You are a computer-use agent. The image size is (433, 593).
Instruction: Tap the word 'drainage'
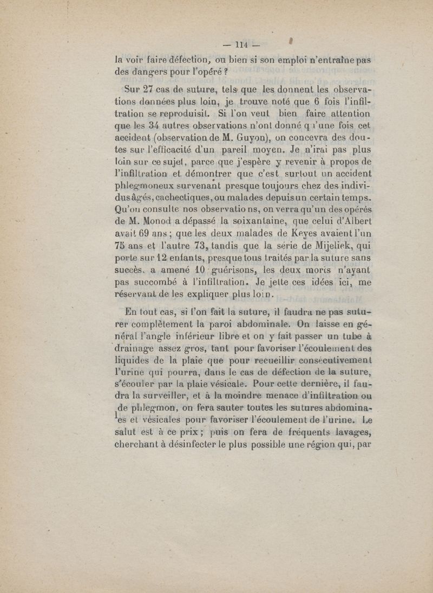(x=136, y=347)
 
